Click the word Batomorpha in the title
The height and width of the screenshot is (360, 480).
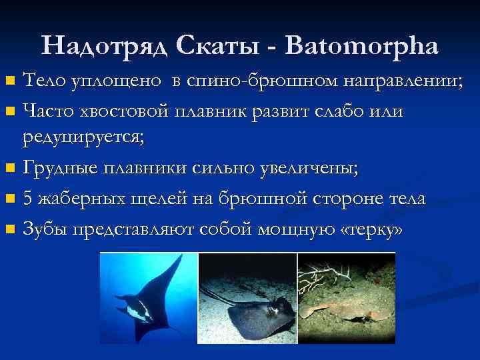361,45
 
